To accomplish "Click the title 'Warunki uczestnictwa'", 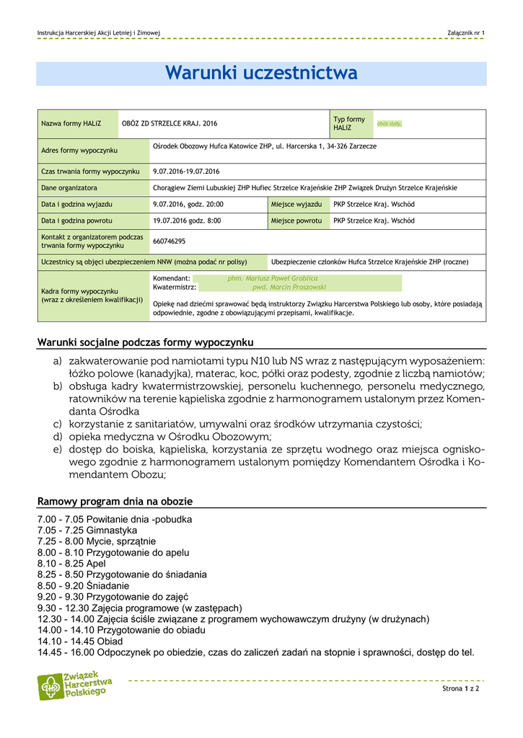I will [x=261, y=74].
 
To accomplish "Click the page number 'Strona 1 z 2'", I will [x=461, y=689].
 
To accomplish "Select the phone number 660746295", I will [x=170, y=241].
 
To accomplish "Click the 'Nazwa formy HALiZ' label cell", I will [x=71, y=124].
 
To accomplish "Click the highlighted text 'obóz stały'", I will [x=389, y=124].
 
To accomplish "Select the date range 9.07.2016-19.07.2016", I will [x=186, y=172].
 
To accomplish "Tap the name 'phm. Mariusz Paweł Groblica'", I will [x=272, y=277].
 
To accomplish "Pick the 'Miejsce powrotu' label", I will [x=296, y=221].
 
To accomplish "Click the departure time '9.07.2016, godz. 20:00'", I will [x=188, y=205].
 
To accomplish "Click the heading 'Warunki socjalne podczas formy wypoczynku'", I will [x=145, y=342].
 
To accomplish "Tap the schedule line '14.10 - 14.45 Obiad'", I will [x=80, y=641].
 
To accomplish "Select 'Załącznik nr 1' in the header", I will [x=466, y=34].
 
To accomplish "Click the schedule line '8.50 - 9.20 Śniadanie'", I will [x=84, y=586].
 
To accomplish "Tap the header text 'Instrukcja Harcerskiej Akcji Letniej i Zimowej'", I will [x=99, y=34].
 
